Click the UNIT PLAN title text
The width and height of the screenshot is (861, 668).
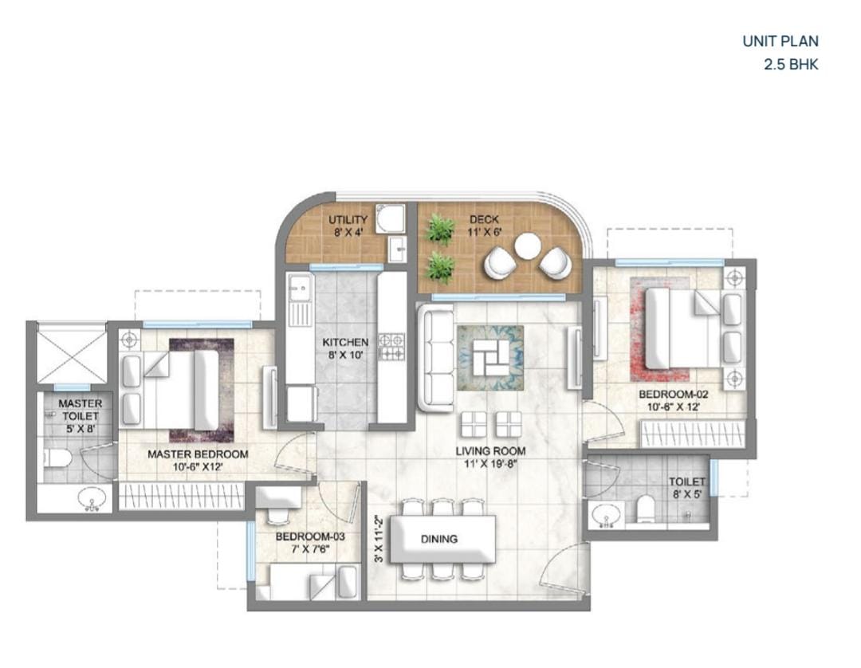[x=780, y=41]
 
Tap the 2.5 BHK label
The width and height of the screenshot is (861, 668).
[x=792, y=65]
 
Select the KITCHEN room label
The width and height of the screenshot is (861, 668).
[x=345, y=342]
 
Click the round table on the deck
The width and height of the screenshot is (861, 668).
[x=529, y=246]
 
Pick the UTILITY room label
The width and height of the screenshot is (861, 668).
[x=348, y=220]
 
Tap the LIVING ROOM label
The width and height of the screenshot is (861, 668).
[x=490, y=451]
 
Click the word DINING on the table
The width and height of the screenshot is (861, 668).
[x=439, y=539]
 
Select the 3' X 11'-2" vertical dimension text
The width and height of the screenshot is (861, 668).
[x=379, y=538]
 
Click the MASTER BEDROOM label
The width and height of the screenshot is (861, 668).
[x=198, y=454]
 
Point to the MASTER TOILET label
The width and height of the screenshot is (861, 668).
[x=81, y=410]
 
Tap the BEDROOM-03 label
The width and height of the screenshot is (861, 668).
[x=310, y=536]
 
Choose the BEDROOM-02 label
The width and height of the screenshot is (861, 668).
[x=673, y=394]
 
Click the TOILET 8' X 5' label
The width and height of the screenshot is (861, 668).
[x=687, y=487]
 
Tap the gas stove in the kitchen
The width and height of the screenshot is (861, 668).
[x=392, y=347]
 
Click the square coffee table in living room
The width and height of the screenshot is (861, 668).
[x=490, y=357]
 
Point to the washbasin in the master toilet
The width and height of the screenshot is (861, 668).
[x=92, y=500]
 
